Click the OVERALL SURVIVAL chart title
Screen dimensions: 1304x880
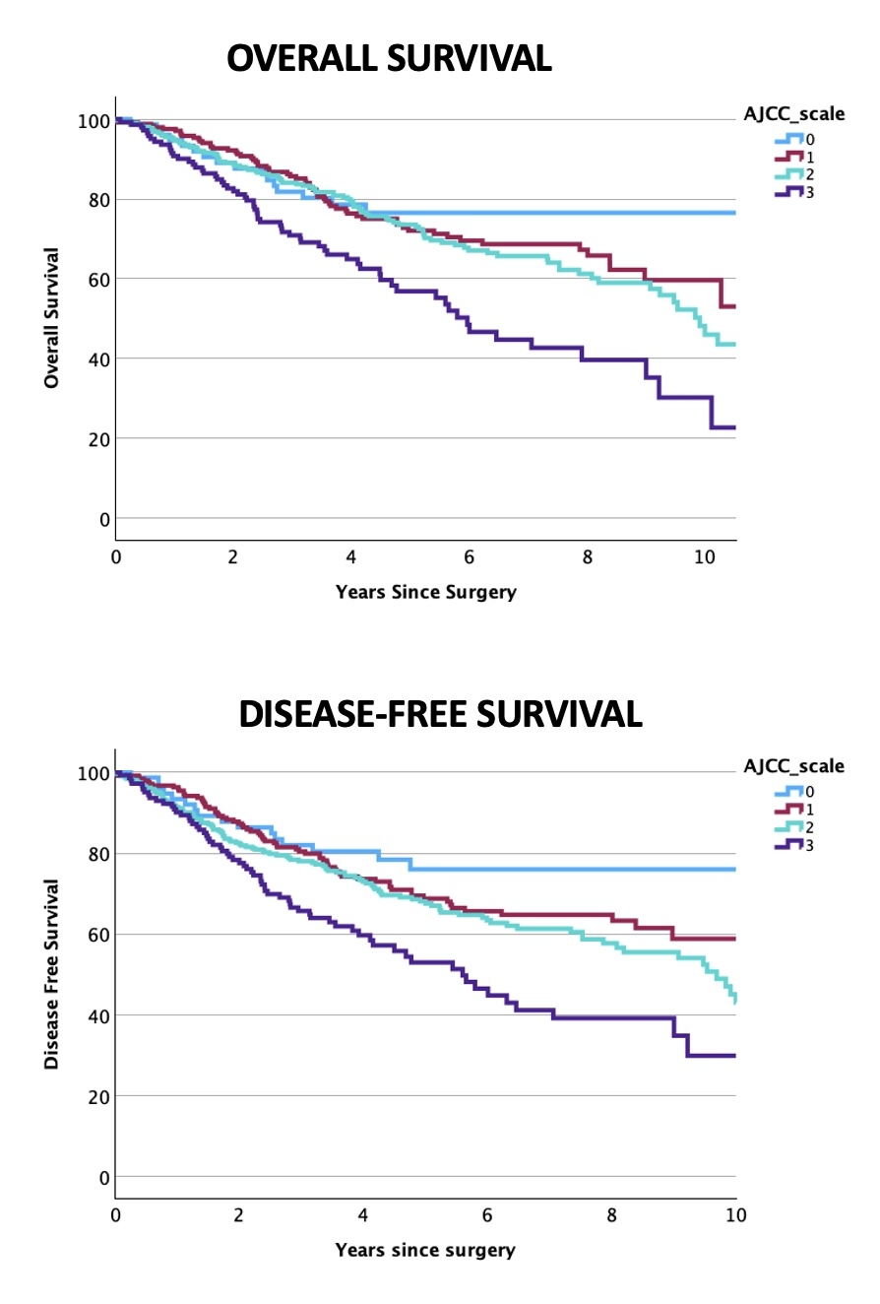(389, 59)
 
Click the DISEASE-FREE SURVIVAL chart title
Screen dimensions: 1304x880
(440, 713)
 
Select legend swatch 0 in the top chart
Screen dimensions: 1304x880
(788, 139)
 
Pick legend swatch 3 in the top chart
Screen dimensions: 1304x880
(788, 192)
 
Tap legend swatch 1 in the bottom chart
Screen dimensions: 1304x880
(788, 809)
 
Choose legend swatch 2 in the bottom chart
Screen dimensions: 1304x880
(788, 826)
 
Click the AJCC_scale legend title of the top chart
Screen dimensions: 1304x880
(793, 114)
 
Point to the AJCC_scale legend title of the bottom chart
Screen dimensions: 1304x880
(793, 766)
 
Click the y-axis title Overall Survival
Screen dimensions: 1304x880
(51, 317)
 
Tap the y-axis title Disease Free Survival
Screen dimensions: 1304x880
(51, 973)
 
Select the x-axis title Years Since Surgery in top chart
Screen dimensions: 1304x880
(425, 593)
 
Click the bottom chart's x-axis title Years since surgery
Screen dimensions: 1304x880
(424, 1251)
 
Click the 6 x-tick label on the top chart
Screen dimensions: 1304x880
(470, 557)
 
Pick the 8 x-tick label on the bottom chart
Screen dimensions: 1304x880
(611, 1215)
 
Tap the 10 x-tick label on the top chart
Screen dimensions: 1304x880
(705, 557)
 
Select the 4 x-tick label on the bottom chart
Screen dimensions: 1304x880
(363, 1215)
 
